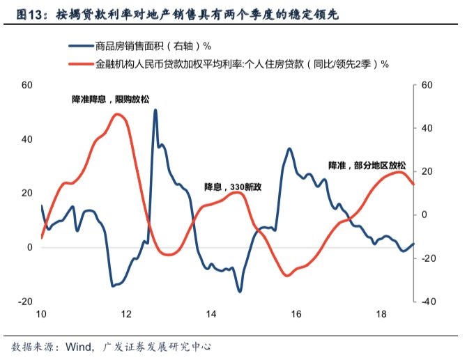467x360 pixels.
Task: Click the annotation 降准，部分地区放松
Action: click(367, 166)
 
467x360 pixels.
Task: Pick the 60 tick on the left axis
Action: click(27, 85)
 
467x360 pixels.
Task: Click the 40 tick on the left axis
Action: click(27, 139)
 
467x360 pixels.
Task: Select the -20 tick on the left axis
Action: click(26, 302)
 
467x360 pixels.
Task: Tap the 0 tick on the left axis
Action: click(30, 247)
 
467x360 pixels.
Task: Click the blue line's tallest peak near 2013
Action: click(155, 110)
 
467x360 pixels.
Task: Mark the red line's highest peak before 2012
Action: click(118, 114)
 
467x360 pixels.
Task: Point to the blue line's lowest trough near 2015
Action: click(239, 291)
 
